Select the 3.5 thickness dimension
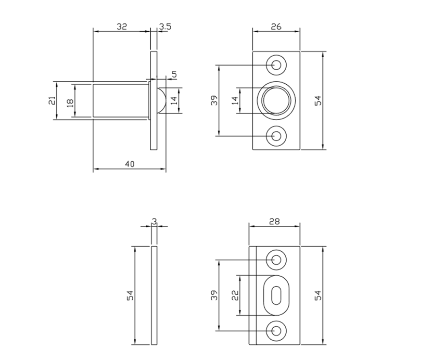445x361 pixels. pos(166,27)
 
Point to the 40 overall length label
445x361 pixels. pos(130,164)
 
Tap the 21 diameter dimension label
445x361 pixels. pos(52,100)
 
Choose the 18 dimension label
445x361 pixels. pos(70,100)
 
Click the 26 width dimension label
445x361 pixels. pos(276,27)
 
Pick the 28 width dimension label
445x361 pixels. pos(274,221)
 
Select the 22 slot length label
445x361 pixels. pos(235,295)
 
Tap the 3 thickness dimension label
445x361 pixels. pos(154,222)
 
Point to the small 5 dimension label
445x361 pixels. pos(173,74)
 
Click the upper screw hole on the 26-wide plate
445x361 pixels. pos(276,65)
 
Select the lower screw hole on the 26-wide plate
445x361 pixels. pos(276,136)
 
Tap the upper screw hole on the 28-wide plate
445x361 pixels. pos(275,259)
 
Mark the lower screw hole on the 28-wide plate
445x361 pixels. pos(275,330)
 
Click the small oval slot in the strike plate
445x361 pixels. pos(275,295)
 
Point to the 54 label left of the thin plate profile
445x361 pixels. pos(131,295)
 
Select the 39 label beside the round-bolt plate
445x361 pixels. pos(214,100)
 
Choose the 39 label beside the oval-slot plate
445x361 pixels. pos(214,295)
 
